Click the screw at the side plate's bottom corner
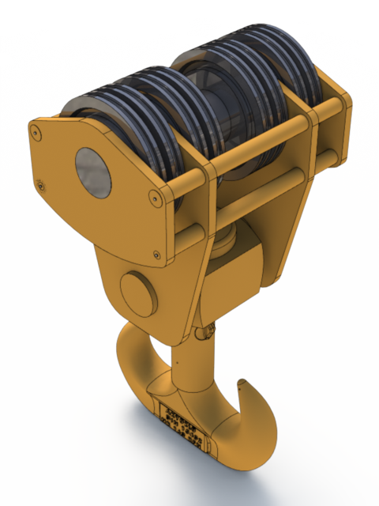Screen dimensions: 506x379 pyautogui.click(x=156, y=255)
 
